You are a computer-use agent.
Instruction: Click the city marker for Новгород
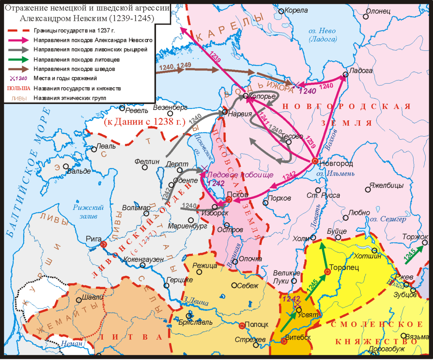pyautogui.click(x=315, y=161)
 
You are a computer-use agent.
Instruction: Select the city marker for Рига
pyautogui.click(x=104, y=244)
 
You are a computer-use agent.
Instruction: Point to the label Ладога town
pyautogui.click(x=362, y=71)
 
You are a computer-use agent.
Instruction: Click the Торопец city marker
pyautogui.click(x=327, y=272)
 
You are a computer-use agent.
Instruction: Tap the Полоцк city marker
pyautogui.click(x=242, y=325)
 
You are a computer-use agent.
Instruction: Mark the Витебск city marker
pyautogui.click(x=284, y=341)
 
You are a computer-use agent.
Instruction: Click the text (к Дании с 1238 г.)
pyautogui.click(x=145, y=122)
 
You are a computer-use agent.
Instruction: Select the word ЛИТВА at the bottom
pyautogui.click(x=132, y=337)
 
